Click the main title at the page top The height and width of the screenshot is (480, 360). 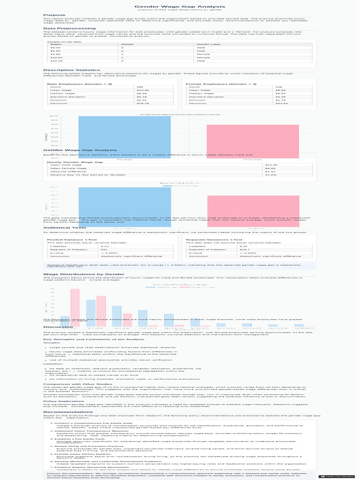click(x=180, y=6)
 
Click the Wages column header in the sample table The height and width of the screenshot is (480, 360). click(x=56, y=44)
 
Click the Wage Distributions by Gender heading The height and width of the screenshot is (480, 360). click(x=77, y=274)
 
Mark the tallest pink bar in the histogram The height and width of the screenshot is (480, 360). click(x=75, y=305)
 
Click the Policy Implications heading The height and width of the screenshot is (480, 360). click(x=64, y=401)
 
